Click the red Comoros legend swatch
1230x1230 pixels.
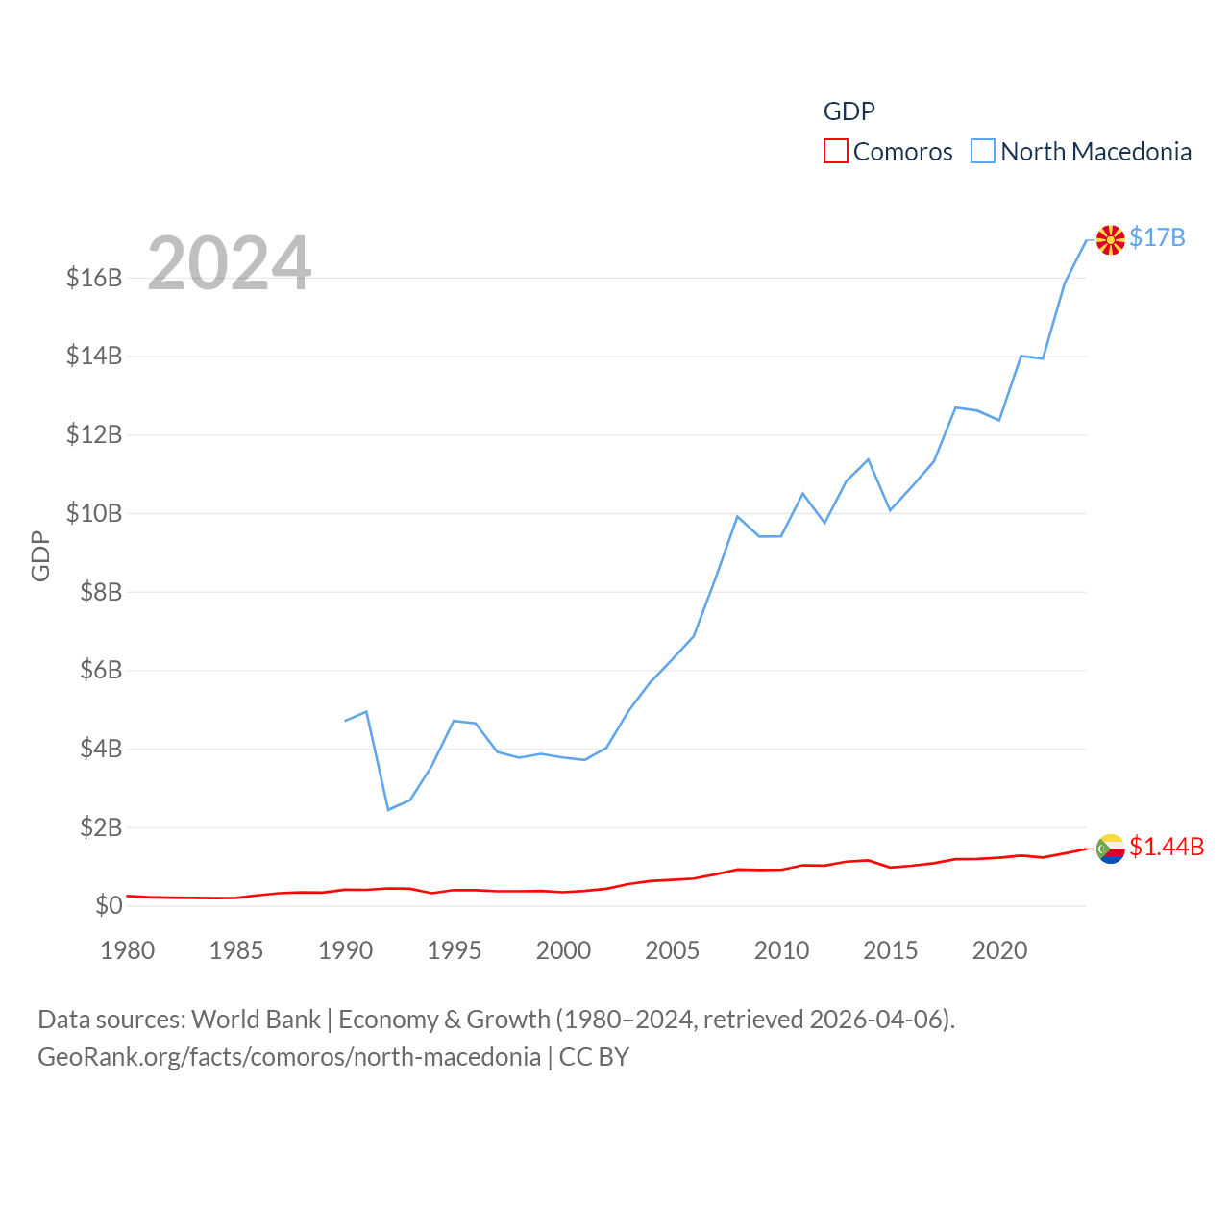coord(836,152)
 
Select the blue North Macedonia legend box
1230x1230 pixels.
coord(982,152)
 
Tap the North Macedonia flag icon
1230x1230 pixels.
coord(1110,239)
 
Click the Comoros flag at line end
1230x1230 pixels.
coord(1110,849)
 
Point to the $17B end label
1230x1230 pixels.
coord(1157,237)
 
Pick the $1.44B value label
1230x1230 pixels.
coord(1167,847)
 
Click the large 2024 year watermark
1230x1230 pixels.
coord(229,263)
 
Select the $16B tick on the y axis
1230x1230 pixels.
coord(94,279)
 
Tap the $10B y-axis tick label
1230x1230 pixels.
coord(94,513)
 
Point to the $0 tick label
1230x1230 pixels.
coord(109,905)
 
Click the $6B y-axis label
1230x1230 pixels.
coord(101,670)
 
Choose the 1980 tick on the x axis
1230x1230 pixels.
coord(128,950)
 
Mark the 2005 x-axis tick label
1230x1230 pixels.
coord(672,950)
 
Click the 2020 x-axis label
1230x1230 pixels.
coord(999,950)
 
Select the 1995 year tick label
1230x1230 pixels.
coord(455,950)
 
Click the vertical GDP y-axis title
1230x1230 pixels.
coord(40,555)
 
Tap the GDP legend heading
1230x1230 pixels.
coord(849,111)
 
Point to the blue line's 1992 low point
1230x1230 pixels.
coord(388,809)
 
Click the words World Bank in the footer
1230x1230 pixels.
coord(257,1020)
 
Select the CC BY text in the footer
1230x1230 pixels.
coord(594,1057)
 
